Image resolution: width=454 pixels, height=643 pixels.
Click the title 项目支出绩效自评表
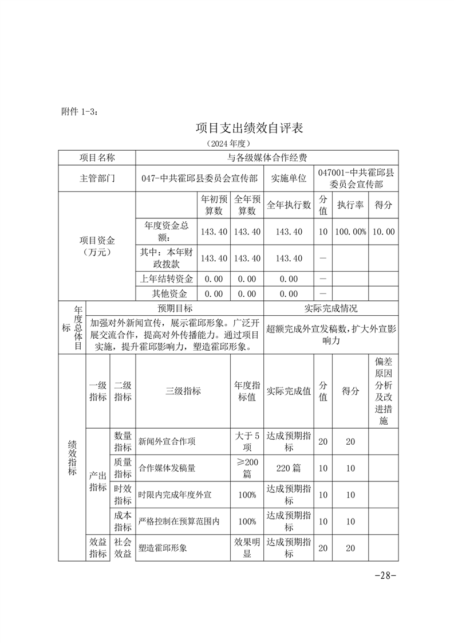[x=249, y=128]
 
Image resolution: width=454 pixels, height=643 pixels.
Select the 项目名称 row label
[x=97, y=158]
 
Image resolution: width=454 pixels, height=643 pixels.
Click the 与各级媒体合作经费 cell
[x=267, y=158]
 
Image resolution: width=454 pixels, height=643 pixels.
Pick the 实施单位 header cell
[x=289, y=178]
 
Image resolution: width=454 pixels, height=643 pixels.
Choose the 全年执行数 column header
[x=289, y=205]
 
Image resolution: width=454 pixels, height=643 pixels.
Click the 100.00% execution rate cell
[x=350, y=232]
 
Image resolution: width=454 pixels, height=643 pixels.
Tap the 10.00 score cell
[x=383, y=232]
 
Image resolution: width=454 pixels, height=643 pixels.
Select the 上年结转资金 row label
[x=166, y=279]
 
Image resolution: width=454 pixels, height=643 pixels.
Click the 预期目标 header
[x=174, y=309]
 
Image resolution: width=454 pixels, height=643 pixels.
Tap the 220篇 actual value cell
[x=289, y=468]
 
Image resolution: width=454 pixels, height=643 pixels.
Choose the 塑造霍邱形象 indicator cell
[x=163, y=548]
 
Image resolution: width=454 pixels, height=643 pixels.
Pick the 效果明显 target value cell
[x=247, y=548]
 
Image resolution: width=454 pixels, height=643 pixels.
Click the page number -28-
[x=385, y=575]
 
